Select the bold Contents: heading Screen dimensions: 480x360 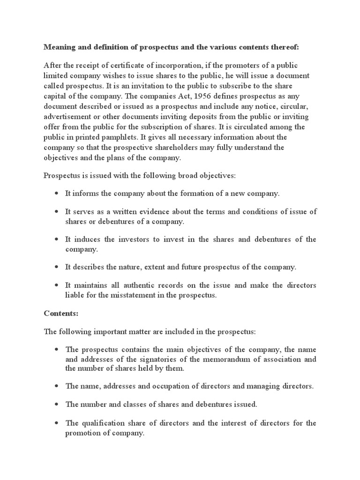tap(60, 313)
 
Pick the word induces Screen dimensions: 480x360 tap(84, 240)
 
